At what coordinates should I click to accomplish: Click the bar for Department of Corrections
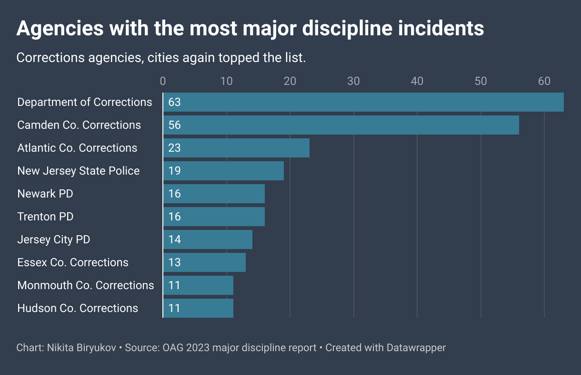pyautogui.click(x=363, y=102)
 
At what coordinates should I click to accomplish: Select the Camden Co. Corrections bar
pyautogui.click(x=341, y=125)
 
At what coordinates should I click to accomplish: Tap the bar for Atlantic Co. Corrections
pyautogui.click(x=236, y=148)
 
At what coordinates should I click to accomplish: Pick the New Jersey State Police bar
pyautogui.click(x=223, y=171)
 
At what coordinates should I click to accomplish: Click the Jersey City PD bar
pyautogui.click(x=208, y=240)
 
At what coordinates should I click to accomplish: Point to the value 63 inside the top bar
pyautogui.click(x=174, y=102)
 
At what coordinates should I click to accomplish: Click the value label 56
pyautogui.click(x=174, y=125)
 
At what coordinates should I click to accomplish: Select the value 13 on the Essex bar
pyautogui.click(x=174, y=262)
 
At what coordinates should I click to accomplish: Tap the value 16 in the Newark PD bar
pyautogui.click(x=174, y=194)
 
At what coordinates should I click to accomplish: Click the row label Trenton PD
pyautogui.click(x=45, y=217)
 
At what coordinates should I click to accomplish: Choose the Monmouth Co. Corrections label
pyautogui.click(x=86, y=285)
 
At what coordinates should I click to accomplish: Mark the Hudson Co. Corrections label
pyautogui.click(x=78, y=308)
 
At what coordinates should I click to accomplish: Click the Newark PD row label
pyautogui.click(x=45, y=194)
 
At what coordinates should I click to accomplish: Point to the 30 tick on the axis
pyautogui.click(x=353, y=81)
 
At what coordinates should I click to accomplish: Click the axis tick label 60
pyautogui.click(x=544, y=81)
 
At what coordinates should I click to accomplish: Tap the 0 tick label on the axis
pyautogui.click(x=163, y=81)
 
